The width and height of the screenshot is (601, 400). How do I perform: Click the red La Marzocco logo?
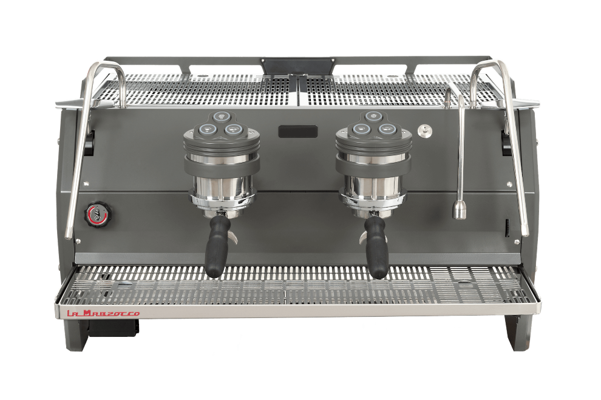point(104,314)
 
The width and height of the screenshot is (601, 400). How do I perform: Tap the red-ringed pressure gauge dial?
point(94,213)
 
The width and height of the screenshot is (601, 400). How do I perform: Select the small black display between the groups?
point(298,132)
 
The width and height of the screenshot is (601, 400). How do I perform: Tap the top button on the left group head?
point(221,116)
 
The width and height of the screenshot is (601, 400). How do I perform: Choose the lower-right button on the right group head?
point(385,129)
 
